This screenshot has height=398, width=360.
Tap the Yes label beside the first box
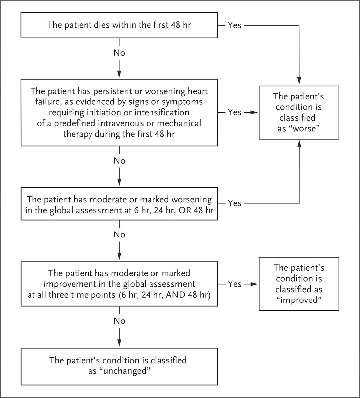pos(234,25)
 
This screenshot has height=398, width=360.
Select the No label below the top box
pos(119,53)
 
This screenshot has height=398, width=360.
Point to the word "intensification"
pos(162,112)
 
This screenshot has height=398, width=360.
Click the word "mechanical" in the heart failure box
pos(179,123)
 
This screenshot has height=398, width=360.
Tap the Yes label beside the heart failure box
pos(234,112)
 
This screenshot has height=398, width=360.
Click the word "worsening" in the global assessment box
pos(191,199)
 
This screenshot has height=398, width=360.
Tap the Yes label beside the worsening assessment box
pos(234,203)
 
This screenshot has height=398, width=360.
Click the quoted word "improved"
pos(299,300)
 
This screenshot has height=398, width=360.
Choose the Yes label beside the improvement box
pos(234,284)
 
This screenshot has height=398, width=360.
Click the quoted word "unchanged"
pos(119,371)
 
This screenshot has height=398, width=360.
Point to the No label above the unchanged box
pos(119,321)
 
